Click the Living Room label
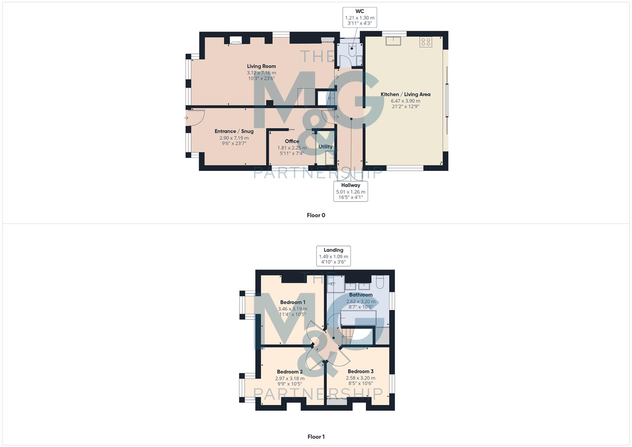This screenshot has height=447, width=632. coord(261,66)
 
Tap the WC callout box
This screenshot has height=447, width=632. coord(360,17)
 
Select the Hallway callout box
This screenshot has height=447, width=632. coord(351,191)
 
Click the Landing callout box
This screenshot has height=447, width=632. coord(333,256)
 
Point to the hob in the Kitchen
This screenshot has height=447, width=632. coord(425,42)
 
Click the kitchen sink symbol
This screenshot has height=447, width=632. coord(392,41)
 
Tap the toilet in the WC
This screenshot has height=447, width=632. coord(353,50)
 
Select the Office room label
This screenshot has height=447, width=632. coord(292,141)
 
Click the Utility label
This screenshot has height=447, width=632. coord(325,147)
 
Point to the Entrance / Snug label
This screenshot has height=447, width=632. coord(234,131)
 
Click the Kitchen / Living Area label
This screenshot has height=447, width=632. coord(405,94)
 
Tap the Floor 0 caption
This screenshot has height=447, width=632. coord(316,215)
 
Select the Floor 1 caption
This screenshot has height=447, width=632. coord(316,437)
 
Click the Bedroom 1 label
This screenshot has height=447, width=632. coord(293,302)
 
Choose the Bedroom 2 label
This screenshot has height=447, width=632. coord(290,372)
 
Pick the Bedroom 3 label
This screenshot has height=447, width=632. coord(360,371)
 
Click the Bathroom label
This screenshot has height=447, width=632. coord(360,295)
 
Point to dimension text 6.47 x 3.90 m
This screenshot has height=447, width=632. coord(405,101)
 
